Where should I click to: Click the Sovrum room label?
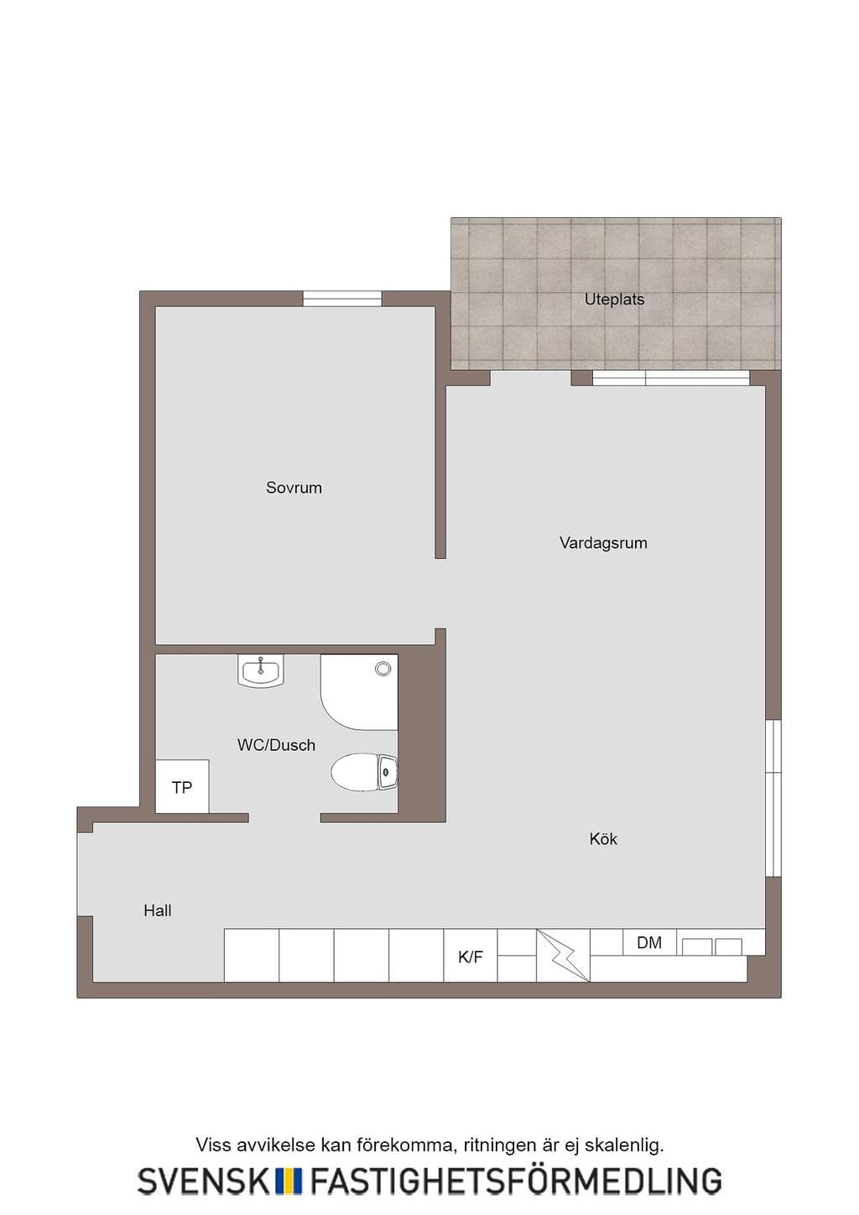click(294, 488)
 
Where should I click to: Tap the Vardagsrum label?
click(603, 543)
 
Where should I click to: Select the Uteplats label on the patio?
click(614, 300)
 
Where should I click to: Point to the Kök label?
click(603, 839)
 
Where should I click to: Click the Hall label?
click(157, 910)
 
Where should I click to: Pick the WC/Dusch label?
click(276, 745)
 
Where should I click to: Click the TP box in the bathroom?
click(182, 786)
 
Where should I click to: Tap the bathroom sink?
click(261, 671)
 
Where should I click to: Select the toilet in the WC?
click(364, 771)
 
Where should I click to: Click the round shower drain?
click(383, 669)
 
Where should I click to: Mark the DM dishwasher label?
click(649, 942)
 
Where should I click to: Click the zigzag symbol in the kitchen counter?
click(563, 955)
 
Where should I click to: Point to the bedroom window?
click(342, 299)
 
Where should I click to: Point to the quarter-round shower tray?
click(359, 692)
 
